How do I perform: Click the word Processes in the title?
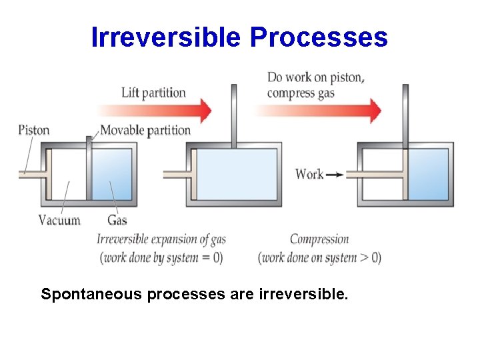pos(319,37)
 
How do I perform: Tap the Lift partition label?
pos(153,92)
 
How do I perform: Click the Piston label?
pos(34,129)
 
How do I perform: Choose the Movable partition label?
pos(145,130)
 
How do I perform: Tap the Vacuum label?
pos(59,220)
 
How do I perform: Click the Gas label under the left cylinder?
pos(117,220)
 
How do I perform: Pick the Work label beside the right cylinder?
pos(309,174)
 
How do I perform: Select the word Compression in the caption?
pos(319,239)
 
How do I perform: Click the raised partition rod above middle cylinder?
pos(233,113)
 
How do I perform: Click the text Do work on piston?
pos(316,77)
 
